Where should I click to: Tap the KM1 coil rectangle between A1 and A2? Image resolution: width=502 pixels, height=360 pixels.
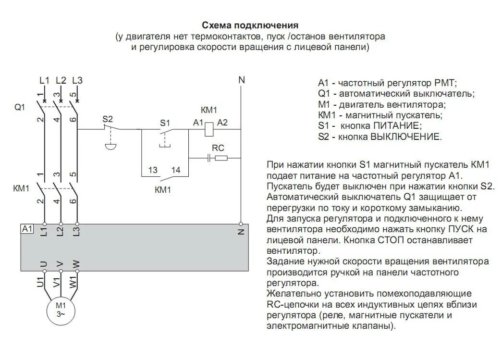tap(209, 128)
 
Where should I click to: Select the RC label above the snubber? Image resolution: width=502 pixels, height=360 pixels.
tap(218, 148)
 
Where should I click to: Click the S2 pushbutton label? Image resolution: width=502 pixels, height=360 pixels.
tap(108, 119)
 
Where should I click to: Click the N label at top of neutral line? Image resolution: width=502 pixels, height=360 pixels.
tap(241, 80)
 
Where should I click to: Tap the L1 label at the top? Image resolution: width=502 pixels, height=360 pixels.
tap(44, 80)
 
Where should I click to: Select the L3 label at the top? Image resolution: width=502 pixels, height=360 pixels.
tap(77, 80)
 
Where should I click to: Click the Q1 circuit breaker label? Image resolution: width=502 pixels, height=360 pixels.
tap(19, 107)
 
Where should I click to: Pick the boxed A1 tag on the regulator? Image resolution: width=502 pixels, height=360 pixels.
tap(27, 229)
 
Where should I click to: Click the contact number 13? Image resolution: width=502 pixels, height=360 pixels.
tap(153, 170)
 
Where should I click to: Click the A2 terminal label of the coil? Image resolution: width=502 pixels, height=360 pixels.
tap(222, 123)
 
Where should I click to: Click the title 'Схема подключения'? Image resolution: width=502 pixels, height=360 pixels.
tap(250, 25)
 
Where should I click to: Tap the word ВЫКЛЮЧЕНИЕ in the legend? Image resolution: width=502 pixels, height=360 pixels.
tap(405, 137)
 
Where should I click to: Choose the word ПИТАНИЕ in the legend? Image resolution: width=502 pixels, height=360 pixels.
tap(396, 126)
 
